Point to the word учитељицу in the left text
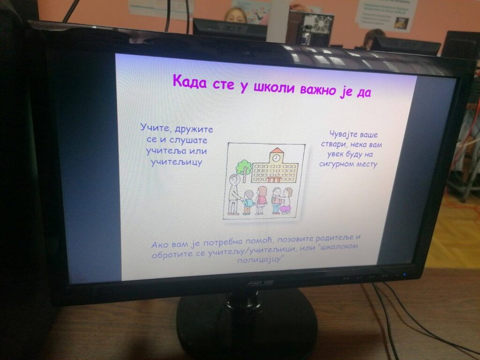(x=177, y=162)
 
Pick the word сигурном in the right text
(x=334, y=164)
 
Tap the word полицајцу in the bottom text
(x=259, y=260)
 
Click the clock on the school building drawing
(x=276, y=157)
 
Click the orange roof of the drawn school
(x=277, y=150)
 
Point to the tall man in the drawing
(x=235, y=194)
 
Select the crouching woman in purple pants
(x=286, y=201)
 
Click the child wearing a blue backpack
(x=248, y=202)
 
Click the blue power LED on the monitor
(x=405, y=275)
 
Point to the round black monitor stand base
(x=247, y=324)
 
